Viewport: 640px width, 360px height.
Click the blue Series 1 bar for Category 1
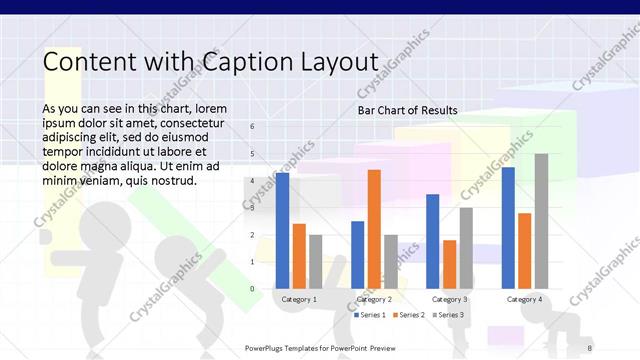(x=283, y=231)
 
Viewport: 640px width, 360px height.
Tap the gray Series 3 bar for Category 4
(x=541, y=221)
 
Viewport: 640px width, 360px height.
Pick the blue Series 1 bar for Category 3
(x=433, y=241)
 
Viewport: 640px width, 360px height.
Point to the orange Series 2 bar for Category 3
(x=449, y=264)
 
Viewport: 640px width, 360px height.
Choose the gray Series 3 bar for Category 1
(x=316, y=262)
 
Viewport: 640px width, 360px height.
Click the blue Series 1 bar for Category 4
(x=508, y=228)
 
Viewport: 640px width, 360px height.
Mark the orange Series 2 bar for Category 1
(x=299, y=256)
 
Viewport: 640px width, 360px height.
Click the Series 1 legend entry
(x=369, y=315)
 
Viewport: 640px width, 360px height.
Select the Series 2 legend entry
(x=411, y=315)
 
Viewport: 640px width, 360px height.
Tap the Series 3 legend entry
(x=448, y=315)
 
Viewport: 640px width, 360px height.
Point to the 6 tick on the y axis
(x=252, y=127)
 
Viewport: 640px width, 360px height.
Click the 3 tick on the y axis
(x=252, y=208)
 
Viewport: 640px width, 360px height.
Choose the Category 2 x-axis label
(x=374, y=299)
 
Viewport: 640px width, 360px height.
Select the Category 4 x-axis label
(x=524, y=299)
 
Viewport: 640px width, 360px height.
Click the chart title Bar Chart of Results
(x=408, y=110)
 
